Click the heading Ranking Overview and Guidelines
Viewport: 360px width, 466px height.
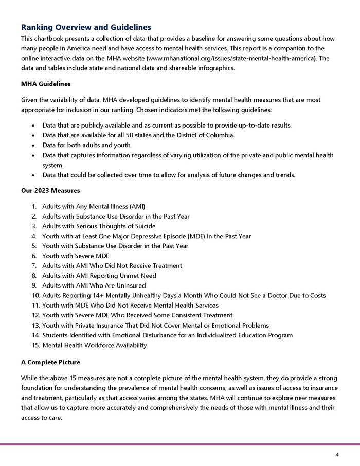click(x=86, y=27)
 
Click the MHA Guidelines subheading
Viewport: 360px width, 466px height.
click(x=46, y=84)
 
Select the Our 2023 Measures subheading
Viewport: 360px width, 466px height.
click(x=50, y=190)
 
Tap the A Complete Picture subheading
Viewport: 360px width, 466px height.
click(x=51, y=362)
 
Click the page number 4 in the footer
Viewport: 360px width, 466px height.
click(x=337, y=454)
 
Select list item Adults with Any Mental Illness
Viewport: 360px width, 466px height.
click(x=94, y=207)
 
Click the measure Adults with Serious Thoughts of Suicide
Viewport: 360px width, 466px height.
click(x=99, y=226)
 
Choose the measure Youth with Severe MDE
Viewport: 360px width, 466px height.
click(x=76, y=256)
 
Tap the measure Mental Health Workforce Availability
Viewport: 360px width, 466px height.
click(x=94, y=345)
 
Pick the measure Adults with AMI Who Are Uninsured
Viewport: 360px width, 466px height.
click(x=94, y=285)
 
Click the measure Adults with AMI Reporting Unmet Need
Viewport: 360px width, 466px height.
click(x=99, y=276)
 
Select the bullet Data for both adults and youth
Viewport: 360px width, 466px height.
click(x=87, y=145)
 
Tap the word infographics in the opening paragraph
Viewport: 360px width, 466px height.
click(x=215, y=68)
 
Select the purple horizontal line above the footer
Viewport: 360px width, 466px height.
click(x=180, y=444)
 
